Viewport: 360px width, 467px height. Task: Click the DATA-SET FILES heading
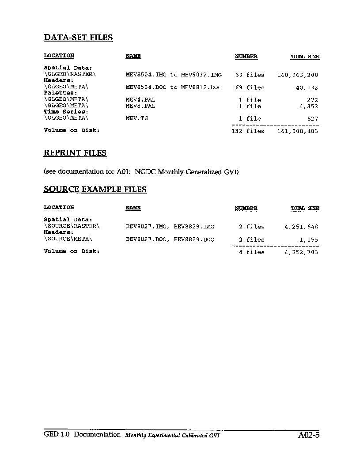click(78, 38)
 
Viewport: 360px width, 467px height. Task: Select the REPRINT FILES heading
click(75, 153)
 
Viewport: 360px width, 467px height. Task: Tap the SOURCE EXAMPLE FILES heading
click(95, 190)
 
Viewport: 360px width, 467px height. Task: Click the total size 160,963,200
click(297, 75)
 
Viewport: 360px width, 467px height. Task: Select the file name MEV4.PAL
click(140, 100)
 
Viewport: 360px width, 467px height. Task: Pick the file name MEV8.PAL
click(140, 106)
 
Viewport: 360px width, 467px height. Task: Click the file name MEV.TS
click(137, 118)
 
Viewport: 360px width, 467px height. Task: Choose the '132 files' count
click(248, 131)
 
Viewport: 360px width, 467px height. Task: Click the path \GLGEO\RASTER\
click(69, 75)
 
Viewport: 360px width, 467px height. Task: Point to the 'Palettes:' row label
click(61, 93)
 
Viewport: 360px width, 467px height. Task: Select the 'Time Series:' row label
click(66, 112)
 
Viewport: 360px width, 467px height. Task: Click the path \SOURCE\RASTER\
click(72, 226)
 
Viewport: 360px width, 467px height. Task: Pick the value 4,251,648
click(301, 227)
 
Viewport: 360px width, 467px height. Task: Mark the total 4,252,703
click(301, 252)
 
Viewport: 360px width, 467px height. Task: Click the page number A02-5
click(308, 435)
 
